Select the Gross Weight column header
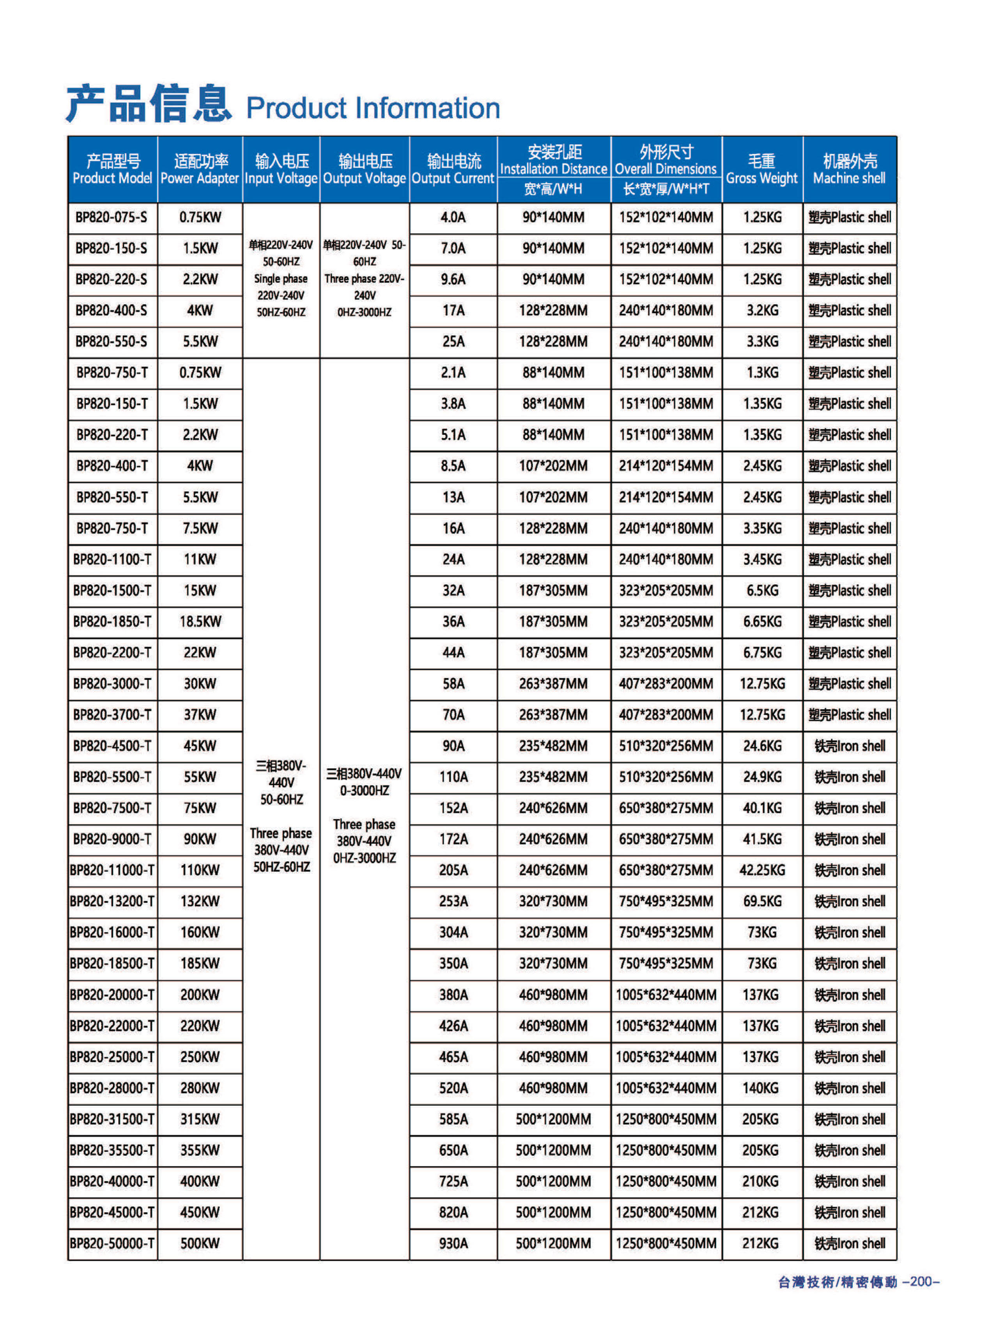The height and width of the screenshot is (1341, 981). pyautogui.click(x=762, y=169)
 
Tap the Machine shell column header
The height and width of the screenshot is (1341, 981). pyautogui.click(x=849, y=169)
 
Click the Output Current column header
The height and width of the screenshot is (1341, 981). pyautogui.click(x=453, y=169)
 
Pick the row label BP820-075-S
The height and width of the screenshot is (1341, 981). pyautogui.click(x=112, y=217)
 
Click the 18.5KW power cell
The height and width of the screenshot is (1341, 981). pyautogui.click(x=200, y=621)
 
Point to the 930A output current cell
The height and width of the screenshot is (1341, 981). pyautogui.click(x=453, y=1243)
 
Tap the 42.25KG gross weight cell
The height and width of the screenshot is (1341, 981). pyautogui.click(x=762, y=870)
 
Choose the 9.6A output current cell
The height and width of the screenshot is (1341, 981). pyautogui.click(x=453, y=279)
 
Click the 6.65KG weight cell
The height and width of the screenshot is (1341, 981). pyautogui.click(x=762, y=621)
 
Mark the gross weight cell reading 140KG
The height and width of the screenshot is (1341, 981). pyautogui.click(x=761, y=1088)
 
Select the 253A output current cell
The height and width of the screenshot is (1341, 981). pyautogui.click(x=453, y=901)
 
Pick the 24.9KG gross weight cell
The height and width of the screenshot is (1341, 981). pyautogui.click(x=762, y=777)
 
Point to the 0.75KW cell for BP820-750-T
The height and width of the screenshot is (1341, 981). pyautogui.click(x=200, y=372)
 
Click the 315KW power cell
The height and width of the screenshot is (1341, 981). pyautogui.click(x=200, y=1119)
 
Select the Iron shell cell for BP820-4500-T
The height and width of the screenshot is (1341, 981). pyautogui.click(x=849, y=745)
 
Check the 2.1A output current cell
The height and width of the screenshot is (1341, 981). pyautogui.click(x=453, y=372)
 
